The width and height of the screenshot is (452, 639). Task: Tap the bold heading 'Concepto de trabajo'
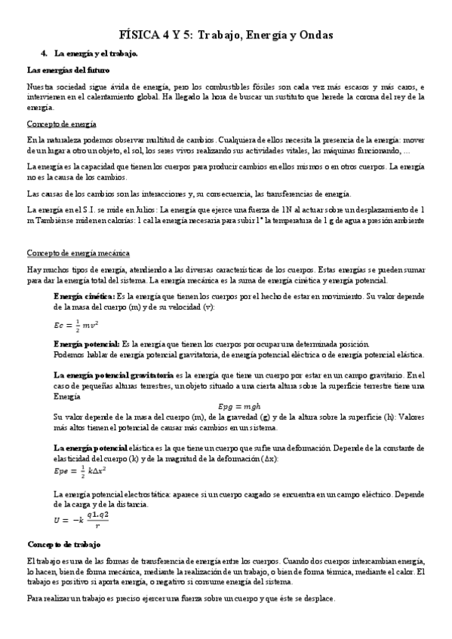[69, 544]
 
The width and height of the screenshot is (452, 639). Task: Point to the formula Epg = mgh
[237, 406]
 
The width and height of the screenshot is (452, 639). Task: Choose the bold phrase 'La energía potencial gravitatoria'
[113, 375]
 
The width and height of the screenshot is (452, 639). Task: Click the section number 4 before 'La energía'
[45, 54]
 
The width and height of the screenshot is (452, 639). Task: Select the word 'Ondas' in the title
[314, 35]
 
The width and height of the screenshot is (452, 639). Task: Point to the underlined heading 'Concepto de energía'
[61, 124]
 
